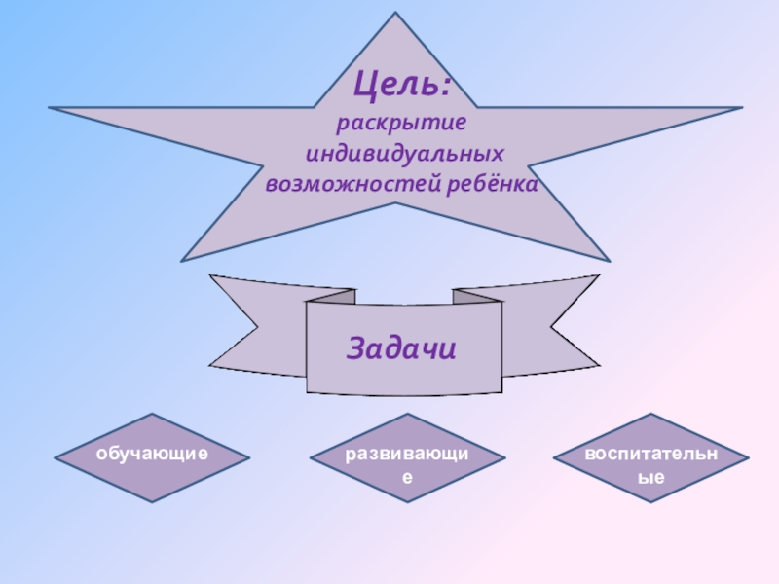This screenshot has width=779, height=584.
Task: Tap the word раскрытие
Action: tap(402, 126)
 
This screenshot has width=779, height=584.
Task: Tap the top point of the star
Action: tap(396, 15)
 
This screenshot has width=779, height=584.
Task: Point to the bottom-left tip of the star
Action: tap(183, 259)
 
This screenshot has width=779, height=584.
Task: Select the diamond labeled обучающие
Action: tap(152, 456)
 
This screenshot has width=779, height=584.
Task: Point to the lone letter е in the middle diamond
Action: tap(409, 478)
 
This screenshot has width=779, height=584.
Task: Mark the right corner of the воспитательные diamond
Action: tap(747, 457)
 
